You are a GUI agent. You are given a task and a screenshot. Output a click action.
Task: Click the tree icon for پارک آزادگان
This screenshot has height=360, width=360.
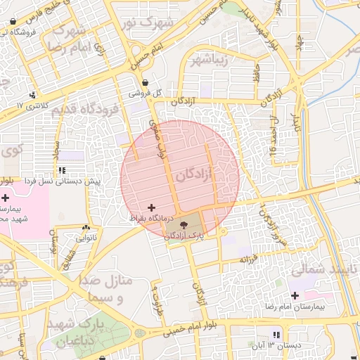click(184, 226)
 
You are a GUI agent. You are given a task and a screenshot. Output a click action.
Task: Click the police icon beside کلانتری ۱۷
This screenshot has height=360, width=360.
click(31, 96)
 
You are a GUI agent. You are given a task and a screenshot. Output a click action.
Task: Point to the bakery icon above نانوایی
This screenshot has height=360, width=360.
click(86, 228)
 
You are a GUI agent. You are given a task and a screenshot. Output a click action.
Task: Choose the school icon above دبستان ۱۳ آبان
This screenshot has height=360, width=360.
click(276, 335)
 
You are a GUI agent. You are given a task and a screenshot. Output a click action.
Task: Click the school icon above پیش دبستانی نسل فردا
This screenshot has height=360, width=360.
click(63, 170)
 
